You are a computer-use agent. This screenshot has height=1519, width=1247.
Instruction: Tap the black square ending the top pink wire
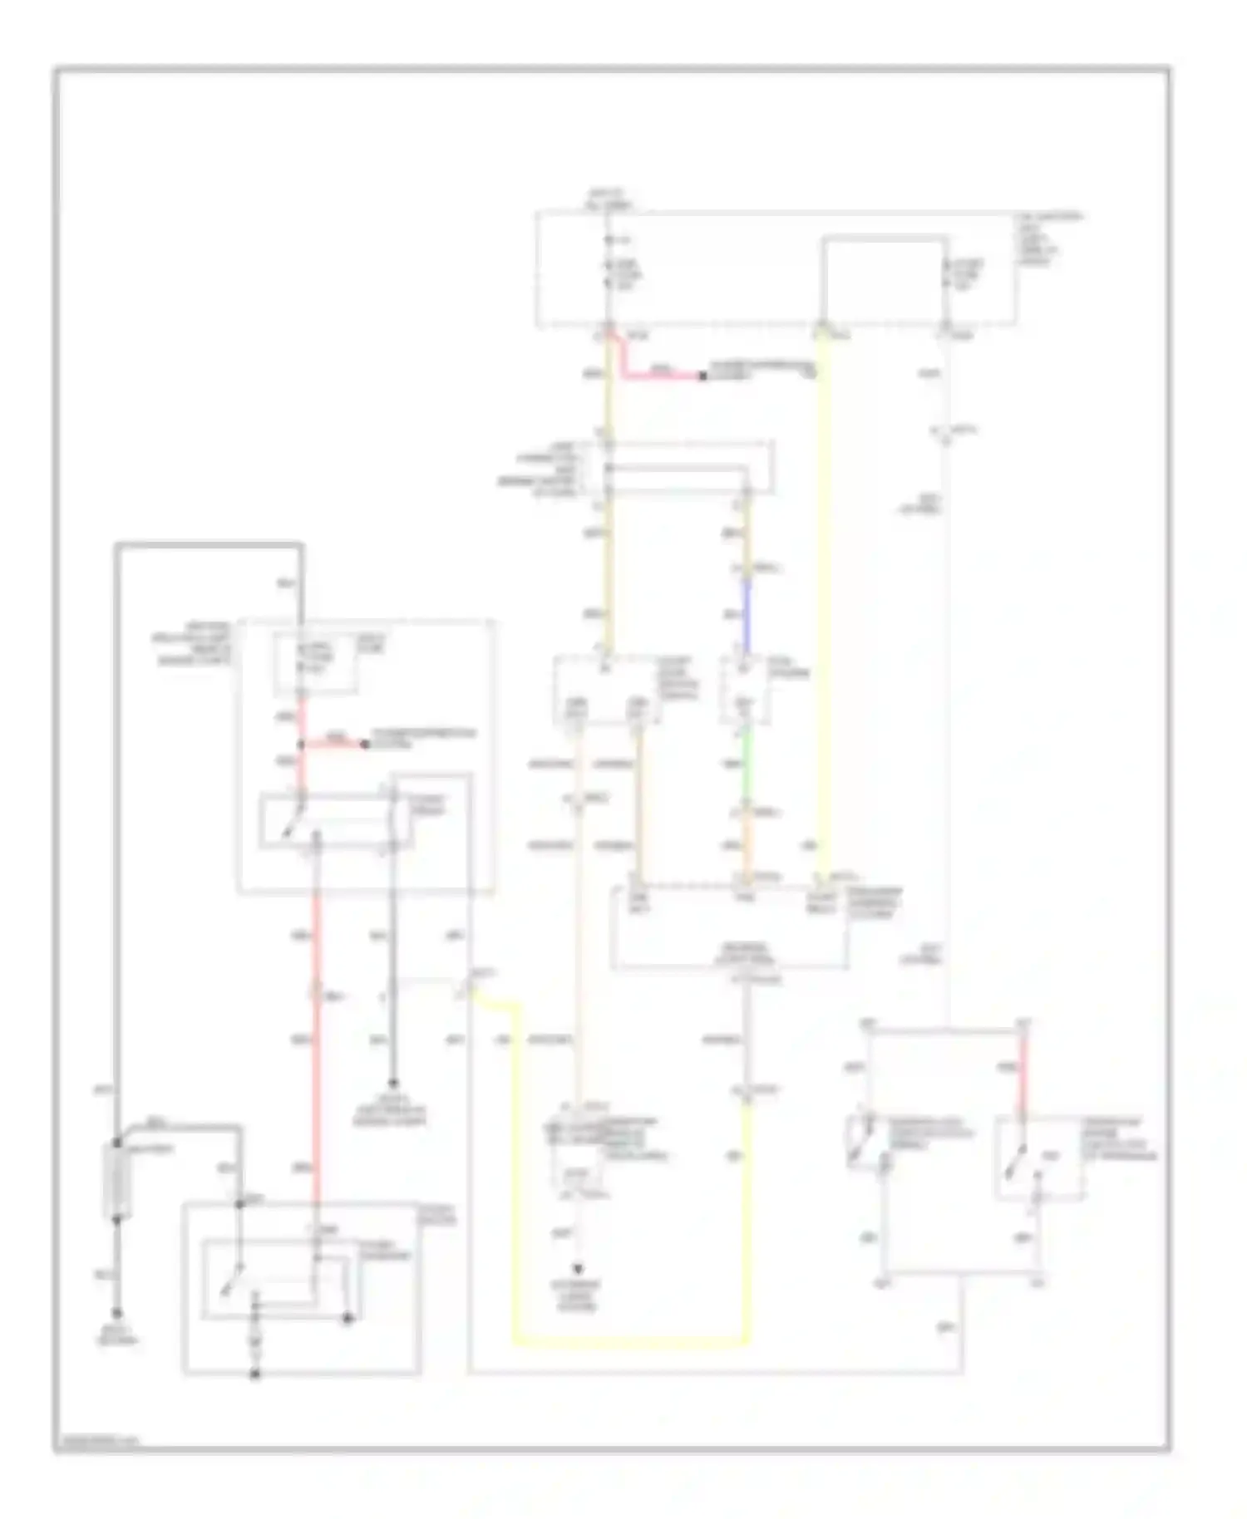coord(702,376)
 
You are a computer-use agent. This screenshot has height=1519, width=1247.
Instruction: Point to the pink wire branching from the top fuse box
coord(657,371)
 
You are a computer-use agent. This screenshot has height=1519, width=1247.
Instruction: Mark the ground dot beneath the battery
coord(117,1314)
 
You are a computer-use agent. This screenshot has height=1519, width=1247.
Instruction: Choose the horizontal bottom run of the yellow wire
coord(632,1340)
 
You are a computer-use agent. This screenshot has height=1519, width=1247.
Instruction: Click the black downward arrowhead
coord(578,1269)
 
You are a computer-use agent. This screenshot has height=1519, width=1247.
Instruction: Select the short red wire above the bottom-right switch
coord(1024,1072)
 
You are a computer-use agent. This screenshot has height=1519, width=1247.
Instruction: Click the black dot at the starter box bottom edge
coord(256,1374)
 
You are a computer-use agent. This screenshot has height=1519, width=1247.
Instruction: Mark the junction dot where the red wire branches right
coord(302,745)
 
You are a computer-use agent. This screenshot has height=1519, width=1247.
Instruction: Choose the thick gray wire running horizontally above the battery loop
coord(208,545)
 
